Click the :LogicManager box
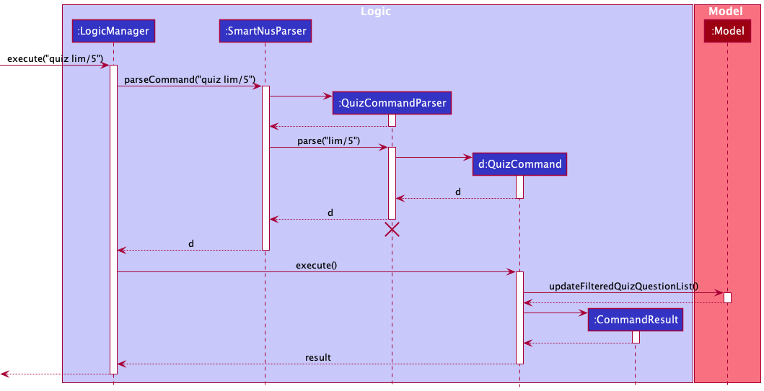click(113, 31)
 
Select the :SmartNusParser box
click(265, 31)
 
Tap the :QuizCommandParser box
click(392, 103)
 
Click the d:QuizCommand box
click(519, 163)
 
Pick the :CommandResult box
click(635, 318)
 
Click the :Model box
click(727, 31)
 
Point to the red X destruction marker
click(392, 230)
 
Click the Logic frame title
click(376, 12)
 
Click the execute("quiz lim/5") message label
click(55, 58)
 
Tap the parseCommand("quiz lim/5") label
click(190, 78)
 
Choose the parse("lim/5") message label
click(328, 140)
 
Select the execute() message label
click(315, 265)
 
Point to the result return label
click(317, 356)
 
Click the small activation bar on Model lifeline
click(727, 297)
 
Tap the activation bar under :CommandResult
click(636, 337)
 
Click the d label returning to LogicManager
click(191, 243)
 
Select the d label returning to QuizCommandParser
click(457, 192)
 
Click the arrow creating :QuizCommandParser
click(300, 95)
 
